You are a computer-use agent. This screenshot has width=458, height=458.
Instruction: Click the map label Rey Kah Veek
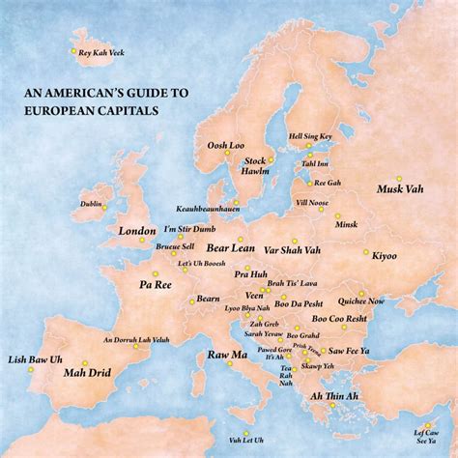(100, 52)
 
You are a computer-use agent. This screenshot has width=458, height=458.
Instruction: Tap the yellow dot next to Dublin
(106, 204)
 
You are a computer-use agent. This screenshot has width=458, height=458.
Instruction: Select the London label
(136, 232)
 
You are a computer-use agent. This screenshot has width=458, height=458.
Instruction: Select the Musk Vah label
(398, 189)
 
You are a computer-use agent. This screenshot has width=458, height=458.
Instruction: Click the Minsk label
(346, 224)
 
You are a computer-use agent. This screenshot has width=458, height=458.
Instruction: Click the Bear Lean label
(230, 248)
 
